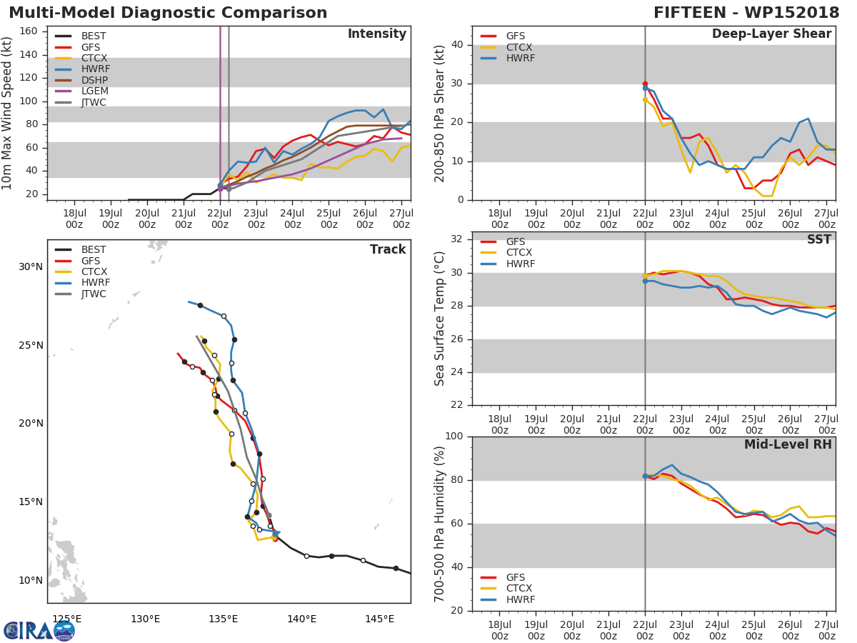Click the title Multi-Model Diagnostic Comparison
(168, 13)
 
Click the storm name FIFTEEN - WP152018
(746, 13)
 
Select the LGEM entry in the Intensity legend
(94, 91)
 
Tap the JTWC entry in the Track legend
(94, 294)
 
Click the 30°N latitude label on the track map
(30, 267)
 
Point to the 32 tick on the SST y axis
(457, 239)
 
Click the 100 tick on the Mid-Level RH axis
(454, 437)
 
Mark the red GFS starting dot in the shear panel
(645, 84)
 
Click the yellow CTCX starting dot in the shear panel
(645, 100)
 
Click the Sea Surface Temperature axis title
(441, 319)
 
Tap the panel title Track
(387, 249)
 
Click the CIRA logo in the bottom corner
(39, 630)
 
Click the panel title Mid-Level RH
(788, 445)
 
